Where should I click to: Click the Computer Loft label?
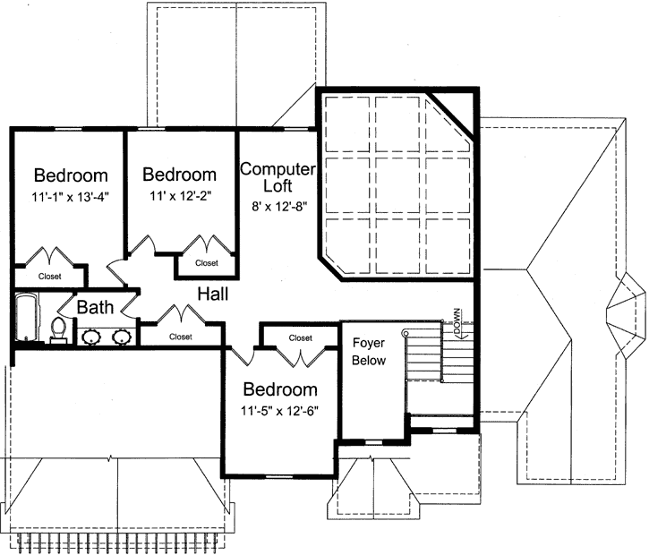278,177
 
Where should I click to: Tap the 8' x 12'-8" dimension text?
278,205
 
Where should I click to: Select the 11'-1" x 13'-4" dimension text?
71,194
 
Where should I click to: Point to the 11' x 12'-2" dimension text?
179,194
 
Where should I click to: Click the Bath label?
94,308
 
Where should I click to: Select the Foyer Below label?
369,352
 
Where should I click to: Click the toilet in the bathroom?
59,330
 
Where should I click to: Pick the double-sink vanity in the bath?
107,337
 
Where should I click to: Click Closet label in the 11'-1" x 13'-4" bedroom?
50,277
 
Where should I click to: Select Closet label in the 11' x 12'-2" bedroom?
207,263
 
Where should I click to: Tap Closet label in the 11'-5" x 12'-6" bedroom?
300,337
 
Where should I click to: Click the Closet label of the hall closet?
181,337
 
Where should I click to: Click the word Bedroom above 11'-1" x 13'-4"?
71,175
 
